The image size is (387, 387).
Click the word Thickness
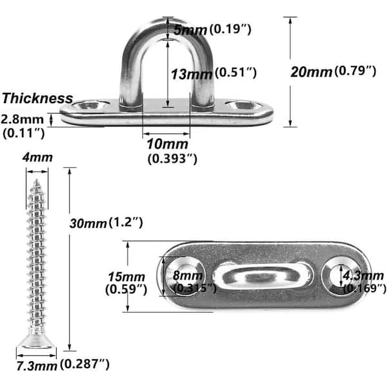click(x=37, y=98)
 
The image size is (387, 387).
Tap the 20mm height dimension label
click(x=312, y=72)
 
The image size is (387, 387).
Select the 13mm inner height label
click(x=192, y=74)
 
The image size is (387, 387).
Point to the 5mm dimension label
click(x=190, y=30)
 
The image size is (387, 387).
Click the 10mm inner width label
click(x=167, y=144)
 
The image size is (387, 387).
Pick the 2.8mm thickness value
click(x=22, y=119)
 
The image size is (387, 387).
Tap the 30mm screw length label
click(x=88, y=224)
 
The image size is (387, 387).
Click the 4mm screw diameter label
click(x=37, y=157)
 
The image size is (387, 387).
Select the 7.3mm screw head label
click(x=37, y=366)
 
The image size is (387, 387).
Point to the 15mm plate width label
click(x=126, y=277)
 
